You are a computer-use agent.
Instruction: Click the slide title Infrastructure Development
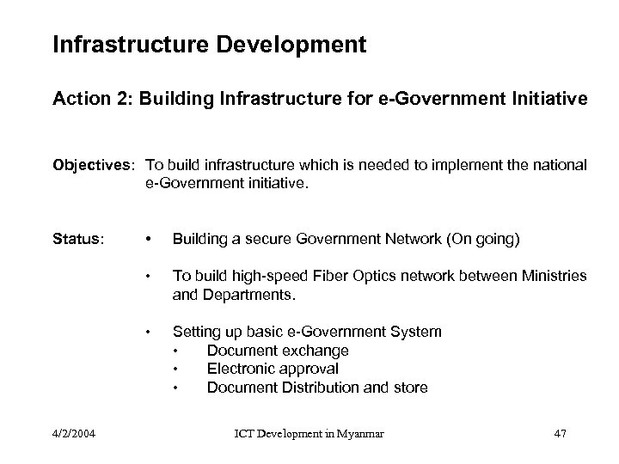click(209, 44)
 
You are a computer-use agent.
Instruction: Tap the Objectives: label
click(95, 165)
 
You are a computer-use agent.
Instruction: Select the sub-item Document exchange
click(278, 351)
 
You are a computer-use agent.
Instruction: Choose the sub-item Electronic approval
click(273, 369)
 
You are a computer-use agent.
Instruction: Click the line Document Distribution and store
click(317, 388)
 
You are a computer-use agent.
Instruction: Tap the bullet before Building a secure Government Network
click(150, 239)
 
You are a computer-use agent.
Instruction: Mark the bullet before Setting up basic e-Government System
click(150, 332)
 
